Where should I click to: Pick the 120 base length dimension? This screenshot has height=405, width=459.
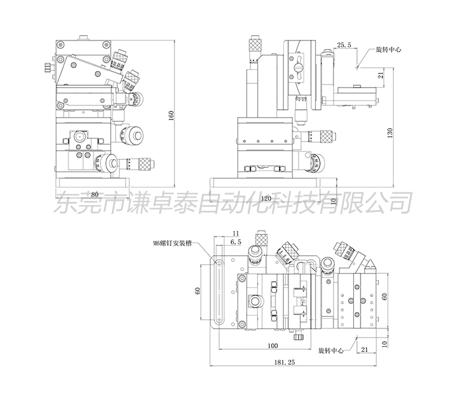pos(266,199)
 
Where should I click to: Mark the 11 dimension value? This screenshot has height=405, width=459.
pos(236,233)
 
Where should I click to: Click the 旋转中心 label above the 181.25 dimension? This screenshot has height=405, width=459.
pos(330,351)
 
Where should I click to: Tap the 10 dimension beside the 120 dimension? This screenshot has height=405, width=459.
pos(334,200)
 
